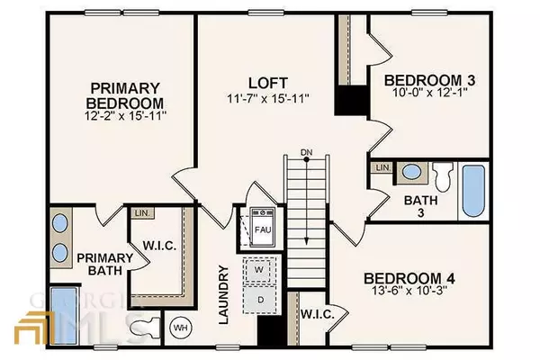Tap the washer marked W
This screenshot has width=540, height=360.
tap(258, 269)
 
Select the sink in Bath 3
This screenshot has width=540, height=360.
tap(411, 171)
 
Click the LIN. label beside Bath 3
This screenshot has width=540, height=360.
tap(382, 168)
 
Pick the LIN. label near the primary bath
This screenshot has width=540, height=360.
tap(142, 213)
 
